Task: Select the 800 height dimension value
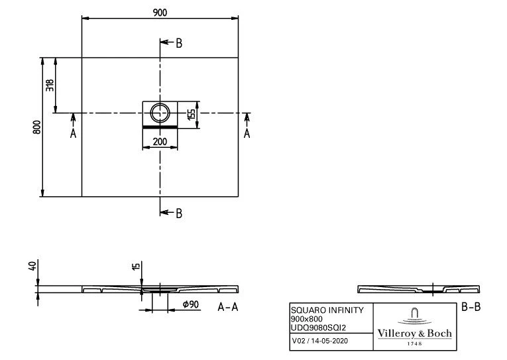coord(38,127)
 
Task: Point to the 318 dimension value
coord(50,86)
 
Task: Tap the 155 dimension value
coord(192,114)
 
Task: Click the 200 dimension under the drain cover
coord(160,141)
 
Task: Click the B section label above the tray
coord(178,44)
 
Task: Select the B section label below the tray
coord(178,213)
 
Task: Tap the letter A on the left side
coord(74,133)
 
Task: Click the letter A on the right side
coord(247,133)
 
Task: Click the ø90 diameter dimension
coord(191,305)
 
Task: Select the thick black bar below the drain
coord(160,125)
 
